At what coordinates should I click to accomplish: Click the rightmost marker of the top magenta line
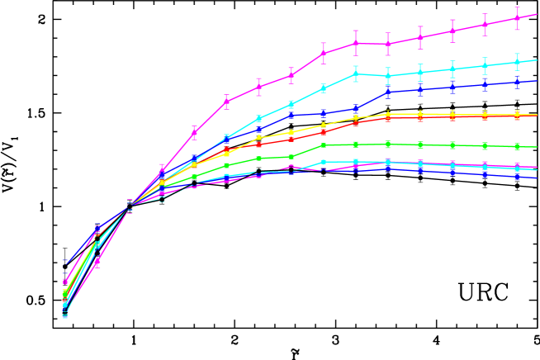[517, 18]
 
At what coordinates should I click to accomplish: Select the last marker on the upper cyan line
[517, 62]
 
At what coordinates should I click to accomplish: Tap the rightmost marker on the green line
[517, 146]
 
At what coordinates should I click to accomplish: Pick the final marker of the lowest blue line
[517, 176]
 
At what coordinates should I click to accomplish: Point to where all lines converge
[130, 206]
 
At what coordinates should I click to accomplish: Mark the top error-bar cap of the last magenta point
[517, 7]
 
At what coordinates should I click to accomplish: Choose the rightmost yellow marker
[517, 114]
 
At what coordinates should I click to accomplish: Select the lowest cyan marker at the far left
[65, 315]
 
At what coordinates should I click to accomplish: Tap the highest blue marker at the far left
[65, 263]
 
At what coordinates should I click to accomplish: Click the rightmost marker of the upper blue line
[517, 82]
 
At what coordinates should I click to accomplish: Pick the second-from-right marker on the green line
[485, 145]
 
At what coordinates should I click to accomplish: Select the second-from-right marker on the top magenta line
[485, 24]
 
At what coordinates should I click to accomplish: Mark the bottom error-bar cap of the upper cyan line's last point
[517, 69]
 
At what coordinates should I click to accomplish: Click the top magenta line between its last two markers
[501, 21]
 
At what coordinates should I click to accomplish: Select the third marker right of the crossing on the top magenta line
[226, 102]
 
